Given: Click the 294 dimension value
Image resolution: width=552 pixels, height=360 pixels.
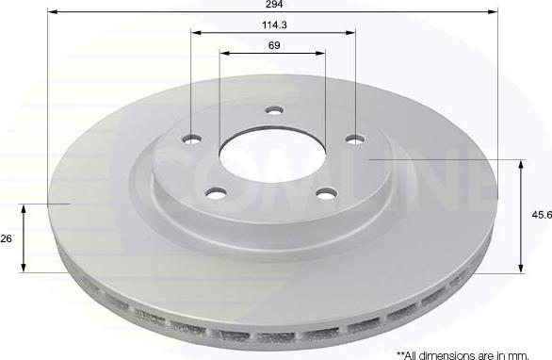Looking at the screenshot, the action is [x=275, y=4].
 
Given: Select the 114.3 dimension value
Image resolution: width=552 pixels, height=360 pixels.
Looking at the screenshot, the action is [x=274, y=25].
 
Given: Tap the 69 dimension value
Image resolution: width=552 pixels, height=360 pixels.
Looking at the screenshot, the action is [x=274, y=45].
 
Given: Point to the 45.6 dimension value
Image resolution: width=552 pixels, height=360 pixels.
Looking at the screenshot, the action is [x=543, y=215].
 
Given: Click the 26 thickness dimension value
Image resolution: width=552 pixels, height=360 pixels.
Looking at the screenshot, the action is [x=6, y=238].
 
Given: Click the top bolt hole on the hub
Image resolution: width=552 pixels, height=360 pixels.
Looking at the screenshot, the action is [x=274, y=110].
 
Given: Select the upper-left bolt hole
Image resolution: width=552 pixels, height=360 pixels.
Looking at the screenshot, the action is [x=191, y=139].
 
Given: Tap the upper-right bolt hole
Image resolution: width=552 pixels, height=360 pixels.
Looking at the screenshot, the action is [x=355, y=139].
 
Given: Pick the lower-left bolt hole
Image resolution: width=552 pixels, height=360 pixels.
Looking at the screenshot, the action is [x=216, y=192].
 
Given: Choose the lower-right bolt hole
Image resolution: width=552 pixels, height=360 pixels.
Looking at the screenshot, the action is [x=326, y=193].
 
